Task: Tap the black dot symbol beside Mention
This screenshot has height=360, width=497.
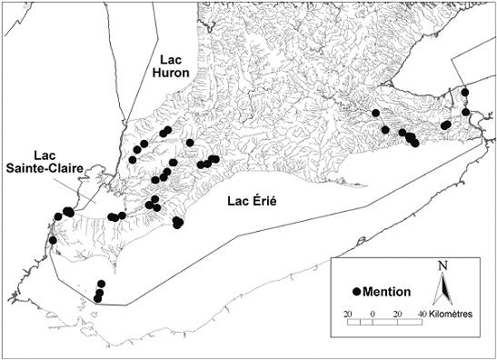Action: tap(357, 291)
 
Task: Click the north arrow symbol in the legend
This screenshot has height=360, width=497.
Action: tap(442, 289)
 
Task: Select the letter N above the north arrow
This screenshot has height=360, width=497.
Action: tap(442, 265)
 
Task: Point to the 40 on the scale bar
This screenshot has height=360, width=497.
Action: tap(422, 314)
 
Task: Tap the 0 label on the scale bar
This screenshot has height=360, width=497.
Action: tap(373, 314)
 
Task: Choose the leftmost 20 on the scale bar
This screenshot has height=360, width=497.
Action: tap(348, 314)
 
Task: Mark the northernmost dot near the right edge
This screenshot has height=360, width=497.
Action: tap(465, 92)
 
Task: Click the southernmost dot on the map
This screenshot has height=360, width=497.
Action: tap(97, 299)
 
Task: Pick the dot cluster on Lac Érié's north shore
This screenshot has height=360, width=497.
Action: tap(178, 222)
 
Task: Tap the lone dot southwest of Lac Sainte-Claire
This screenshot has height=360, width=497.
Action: tap(53, 240)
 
